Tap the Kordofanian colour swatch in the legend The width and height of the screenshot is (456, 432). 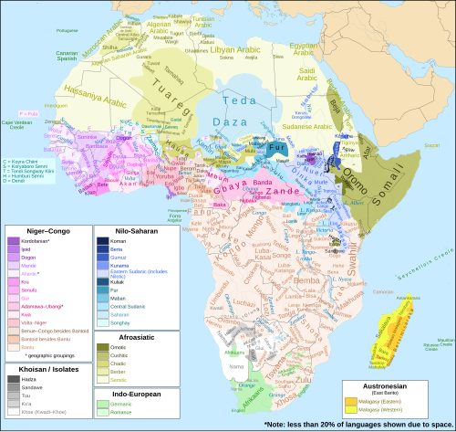12,242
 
